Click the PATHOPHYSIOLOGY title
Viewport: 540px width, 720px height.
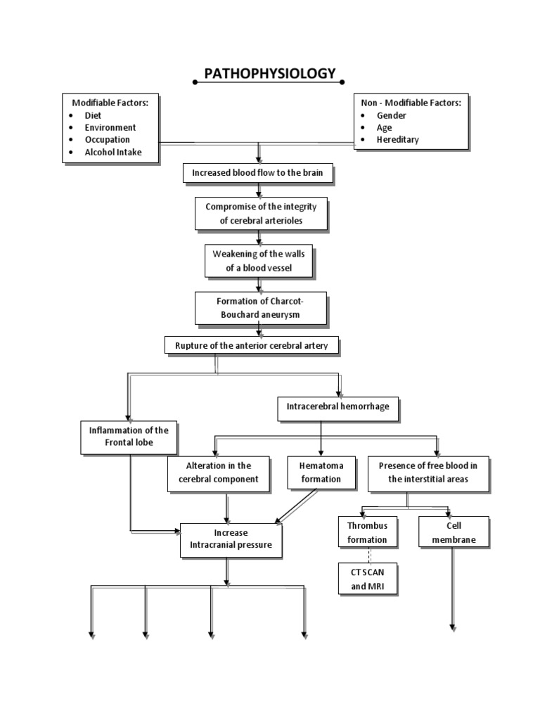click(x=269, y=74)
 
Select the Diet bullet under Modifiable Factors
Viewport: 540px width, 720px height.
click(x=93, y=115)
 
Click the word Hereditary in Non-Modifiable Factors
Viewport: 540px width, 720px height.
click(x=397, y=139)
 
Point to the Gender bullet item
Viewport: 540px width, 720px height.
click(x=392, y=115)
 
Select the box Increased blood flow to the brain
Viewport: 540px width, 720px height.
click(x=257, y=173)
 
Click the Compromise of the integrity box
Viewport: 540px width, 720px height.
click(x=261, y=213)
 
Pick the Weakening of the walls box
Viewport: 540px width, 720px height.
click(x=259, y=260)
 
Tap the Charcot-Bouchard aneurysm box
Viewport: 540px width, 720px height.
click(x=260, y=308)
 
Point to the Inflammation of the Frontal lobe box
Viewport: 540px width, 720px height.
click(x=129, y=436)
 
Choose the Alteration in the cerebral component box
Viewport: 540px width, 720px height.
click(x=218, y=472)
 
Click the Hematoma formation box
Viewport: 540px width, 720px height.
click(x=320, y=472)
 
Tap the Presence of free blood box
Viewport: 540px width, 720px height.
click(x=427, y=472)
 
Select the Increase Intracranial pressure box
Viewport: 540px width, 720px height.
click(x=231, y=539)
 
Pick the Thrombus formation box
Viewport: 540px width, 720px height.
click(x=367, y=532)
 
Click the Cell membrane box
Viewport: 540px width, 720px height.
click(x=454, y=532)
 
